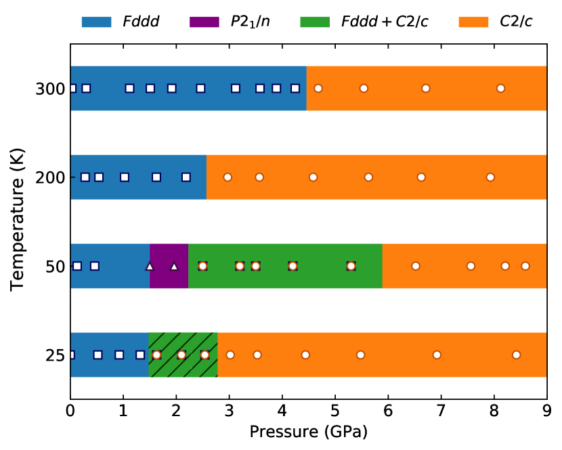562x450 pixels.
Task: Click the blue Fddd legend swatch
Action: click(96, 22)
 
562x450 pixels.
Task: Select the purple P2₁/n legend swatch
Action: click(205, 22)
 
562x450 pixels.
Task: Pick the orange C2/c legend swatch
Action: click(473, 22)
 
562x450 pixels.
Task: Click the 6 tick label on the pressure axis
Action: click(388, 412)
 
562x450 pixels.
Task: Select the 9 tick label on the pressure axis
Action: click(546, 412)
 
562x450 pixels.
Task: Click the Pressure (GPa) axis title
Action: click(308, 432)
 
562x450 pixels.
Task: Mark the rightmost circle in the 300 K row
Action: click(500, 89)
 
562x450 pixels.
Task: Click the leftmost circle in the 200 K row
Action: click(228, 177)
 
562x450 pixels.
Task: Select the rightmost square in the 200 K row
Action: click(186, 177)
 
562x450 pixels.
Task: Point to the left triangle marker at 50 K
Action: click(150, 266)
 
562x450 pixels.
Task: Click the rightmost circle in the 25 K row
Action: click(516, 355)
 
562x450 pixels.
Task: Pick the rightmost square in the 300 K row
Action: click(295, 89)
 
